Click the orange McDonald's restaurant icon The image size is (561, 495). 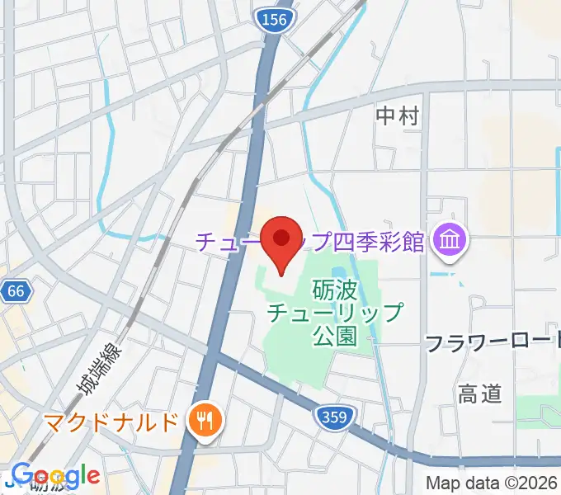coord(203,423)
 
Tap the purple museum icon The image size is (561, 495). coord(452,241)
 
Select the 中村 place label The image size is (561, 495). coord(397,115)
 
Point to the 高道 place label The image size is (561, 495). coord(479,394)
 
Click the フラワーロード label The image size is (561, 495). coord(493,343)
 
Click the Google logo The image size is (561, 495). coord(55,477)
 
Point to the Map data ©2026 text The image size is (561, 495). coord(492,483)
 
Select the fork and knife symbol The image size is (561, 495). coord(203,423)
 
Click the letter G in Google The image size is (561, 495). coord(21,476)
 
